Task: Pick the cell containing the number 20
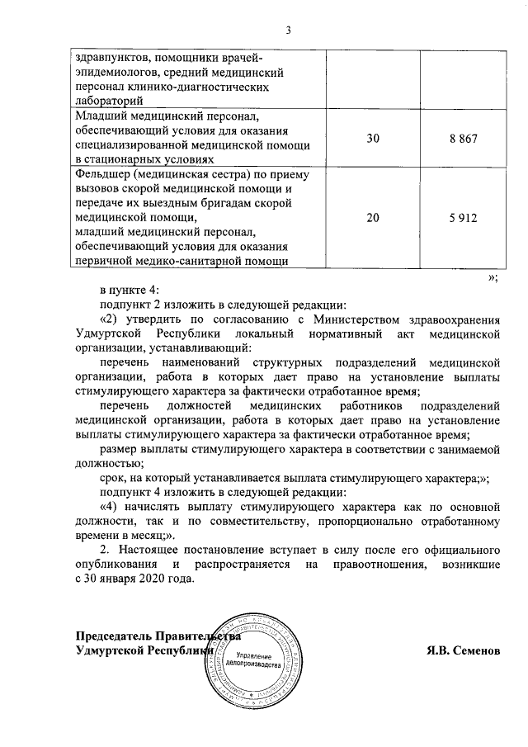coord(374,219)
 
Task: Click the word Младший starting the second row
coord(101,115)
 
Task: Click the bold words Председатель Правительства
coord(157,636)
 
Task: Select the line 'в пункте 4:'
coord(134,289)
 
